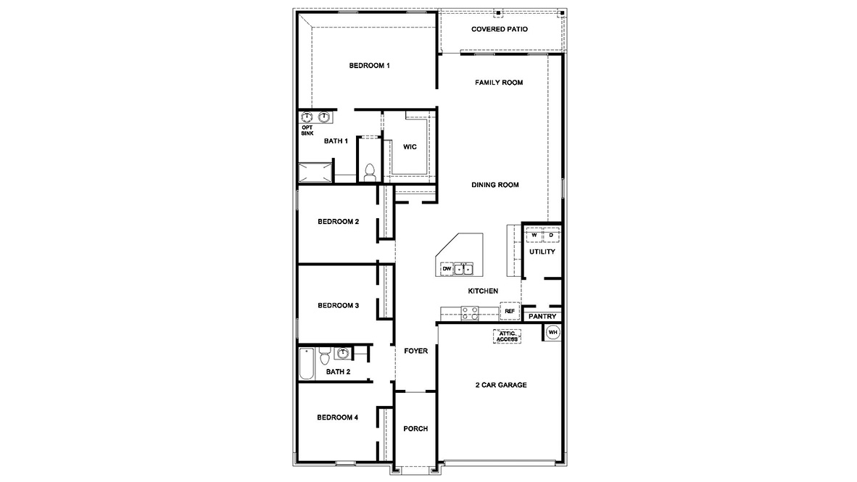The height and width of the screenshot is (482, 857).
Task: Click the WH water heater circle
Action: pyautogui.click(x=553, y=333)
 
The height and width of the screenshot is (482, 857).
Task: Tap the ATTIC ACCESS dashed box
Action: pyautogui.click(x=508, y=336)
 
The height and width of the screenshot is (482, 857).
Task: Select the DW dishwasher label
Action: pyautogui.click(x=447, y=270)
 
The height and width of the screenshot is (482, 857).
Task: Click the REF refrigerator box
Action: pyautogui.click(x=510, y=311)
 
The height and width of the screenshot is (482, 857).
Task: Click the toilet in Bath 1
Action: pyautogui.click(x=369, y=172)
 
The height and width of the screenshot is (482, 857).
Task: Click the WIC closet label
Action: pyautogui.click(x=410, y=147)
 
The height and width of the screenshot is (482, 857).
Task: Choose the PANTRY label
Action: pyautogui.click(x=542, y=317)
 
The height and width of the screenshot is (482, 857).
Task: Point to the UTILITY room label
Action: pyautogui.click(x=542, y=252)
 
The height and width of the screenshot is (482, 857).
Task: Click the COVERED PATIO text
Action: pyautogui.click(x=499, y=30)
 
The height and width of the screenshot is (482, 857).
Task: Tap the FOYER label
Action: pyautogui.click(x=415, y=352)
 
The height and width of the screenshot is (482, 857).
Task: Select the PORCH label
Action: pyautogui.click(x=415, y=429)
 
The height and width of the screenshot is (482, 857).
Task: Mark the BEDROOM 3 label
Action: pyautogui.click(x=338, y=306)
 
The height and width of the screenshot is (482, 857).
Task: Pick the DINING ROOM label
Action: pyautogui.click(x=495, y=186)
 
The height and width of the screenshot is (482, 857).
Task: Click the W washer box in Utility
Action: pyautogui.click(x=534, y=236)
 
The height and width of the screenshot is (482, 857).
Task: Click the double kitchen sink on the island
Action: pyautogui.click(x=464, y=270)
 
